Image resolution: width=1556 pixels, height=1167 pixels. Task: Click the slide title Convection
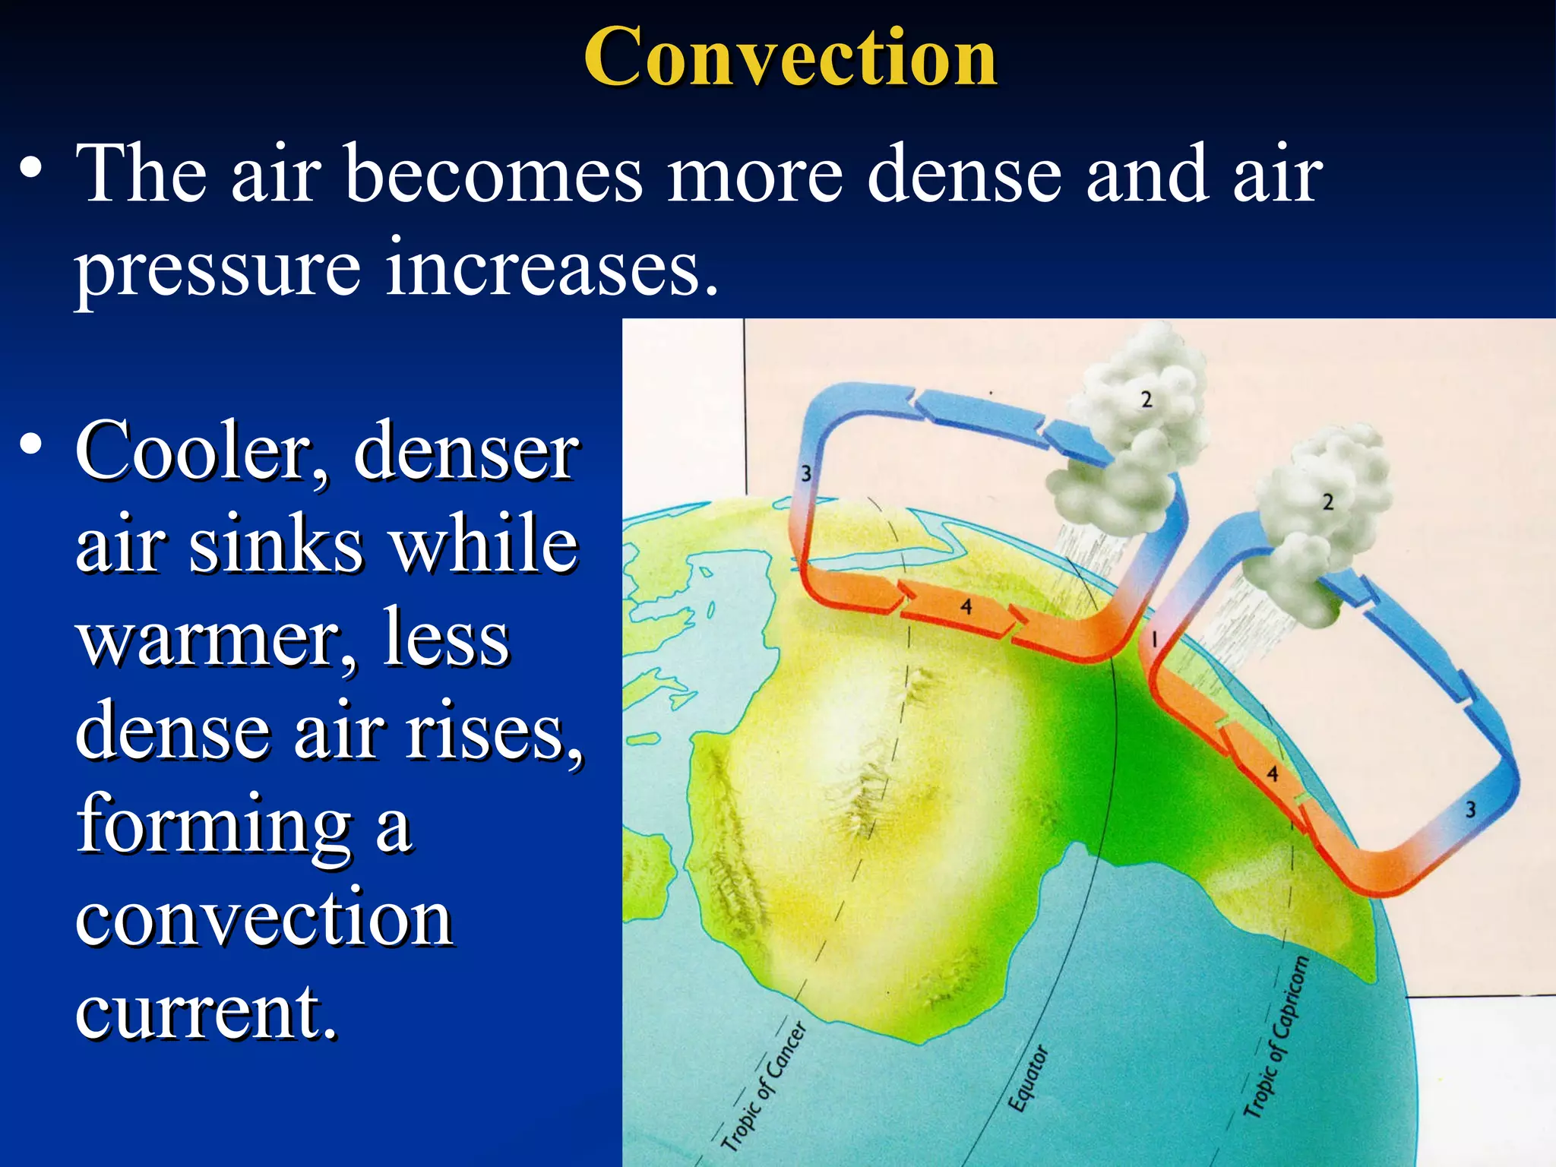(x=790, y=57)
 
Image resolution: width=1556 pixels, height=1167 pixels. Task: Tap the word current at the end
(x=205, y=1013)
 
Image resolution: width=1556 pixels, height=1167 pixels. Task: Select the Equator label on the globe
(x=1028, y=1080)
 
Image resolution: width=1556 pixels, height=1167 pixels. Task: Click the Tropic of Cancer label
(x=763, y=1087)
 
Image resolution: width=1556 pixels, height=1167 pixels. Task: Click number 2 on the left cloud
(x=1146, y=399)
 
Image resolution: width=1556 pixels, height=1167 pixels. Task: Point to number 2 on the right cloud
(x=1327, y=502)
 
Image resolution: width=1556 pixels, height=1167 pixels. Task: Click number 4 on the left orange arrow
(x=966, y=607)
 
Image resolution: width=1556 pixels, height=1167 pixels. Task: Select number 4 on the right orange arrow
(x=1273, y=774)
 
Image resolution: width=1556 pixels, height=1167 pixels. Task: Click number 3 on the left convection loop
(x=807, y=474)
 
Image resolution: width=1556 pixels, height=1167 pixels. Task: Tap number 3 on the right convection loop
(x=1470, y=810)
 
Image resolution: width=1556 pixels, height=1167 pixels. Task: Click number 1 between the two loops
(x=1154, y=639)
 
